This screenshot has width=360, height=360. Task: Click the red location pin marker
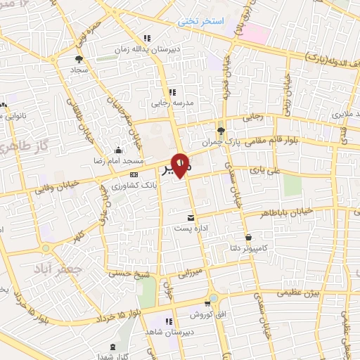[181, 164]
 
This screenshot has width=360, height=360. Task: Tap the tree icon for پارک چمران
[221, 131]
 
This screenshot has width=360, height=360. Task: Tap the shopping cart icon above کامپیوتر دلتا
[249, 238]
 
